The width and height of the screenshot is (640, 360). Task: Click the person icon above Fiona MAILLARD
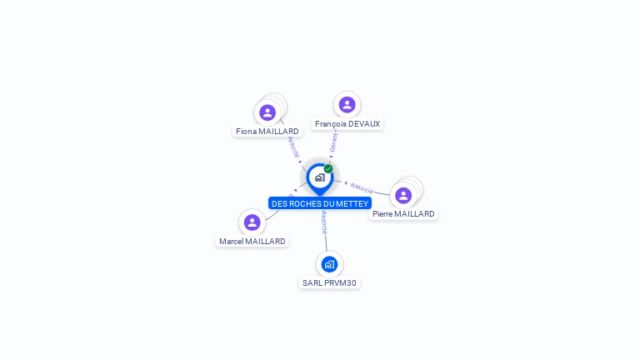267,112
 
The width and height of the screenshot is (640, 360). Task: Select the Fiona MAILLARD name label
267,132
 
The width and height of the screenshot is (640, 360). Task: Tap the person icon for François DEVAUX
347,105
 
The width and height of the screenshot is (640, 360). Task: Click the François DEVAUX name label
347,124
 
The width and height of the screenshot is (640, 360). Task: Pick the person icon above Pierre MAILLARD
403,196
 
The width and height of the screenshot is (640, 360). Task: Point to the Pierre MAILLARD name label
403,214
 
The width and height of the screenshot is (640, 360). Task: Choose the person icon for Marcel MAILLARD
252,222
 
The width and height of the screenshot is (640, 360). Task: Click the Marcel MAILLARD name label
252,242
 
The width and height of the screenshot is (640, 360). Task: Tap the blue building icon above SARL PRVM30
329,264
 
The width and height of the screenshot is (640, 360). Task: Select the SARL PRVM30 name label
329,283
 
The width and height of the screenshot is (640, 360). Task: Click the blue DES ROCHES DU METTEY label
319,203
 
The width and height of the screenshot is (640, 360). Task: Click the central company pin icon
319,177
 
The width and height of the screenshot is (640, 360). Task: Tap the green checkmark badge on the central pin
328,169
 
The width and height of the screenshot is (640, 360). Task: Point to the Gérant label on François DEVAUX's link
334,142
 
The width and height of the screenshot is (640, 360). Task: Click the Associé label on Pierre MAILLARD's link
362,187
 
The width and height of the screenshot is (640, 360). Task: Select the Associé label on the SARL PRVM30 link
324,221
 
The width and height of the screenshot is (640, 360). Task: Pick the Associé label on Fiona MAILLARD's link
292,147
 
